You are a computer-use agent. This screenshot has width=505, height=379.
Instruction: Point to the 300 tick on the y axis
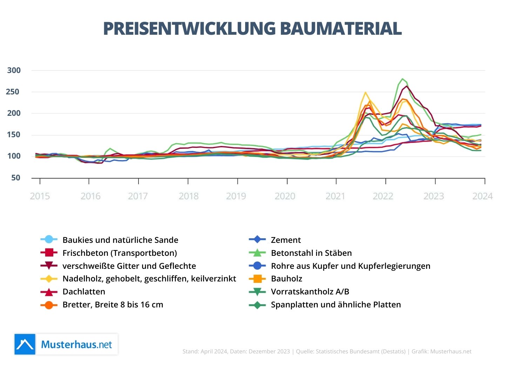(x=14, y=70)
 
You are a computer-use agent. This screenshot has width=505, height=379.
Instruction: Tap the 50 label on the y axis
(x=16, y=178)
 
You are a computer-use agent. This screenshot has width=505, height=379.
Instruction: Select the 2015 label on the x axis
(x=40, y=196)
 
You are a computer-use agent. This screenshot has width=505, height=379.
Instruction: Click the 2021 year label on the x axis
(x=335, y=196)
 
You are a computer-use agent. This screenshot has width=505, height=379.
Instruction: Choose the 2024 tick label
(x=482, y=196)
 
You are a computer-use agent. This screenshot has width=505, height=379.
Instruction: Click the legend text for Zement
(x=286, y=240)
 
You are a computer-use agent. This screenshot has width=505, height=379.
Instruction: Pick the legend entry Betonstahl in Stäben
(x=311, y=253)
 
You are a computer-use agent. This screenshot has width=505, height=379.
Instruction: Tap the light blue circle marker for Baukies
(x=49, y=240)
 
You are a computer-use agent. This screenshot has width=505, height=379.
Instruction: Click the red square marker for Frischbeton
(x=49, y=253)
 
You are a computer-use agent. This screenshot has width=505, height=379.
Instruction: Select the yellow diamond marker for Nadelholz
(x=49, y=279)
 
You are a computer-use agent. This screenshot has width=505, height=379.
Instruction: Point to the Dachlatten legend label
(x=84, y=292)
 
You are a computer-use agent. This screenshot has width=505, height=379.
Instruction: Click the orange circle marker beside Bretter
(x=49, y=305)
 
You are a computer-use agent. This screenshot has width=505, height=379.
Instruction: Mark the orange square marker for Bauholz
(x=257, y=279)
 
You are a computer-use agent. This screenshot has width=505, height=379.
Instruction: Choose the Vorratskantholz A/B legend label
(x=310, y=292)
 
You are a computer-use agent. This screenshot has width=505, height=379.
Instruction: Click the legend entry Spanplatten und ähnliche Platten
(x=336, y=305)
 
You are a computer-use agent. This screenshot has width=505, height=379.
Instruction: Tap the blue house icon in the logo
(x=25, y=344)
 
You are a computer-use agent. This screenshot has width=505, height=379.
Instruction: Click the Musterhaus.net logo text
(x=76, y=344)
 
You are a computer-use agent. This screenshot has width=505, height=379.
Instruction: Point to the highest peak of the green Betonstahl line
(x=402, y=79)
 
